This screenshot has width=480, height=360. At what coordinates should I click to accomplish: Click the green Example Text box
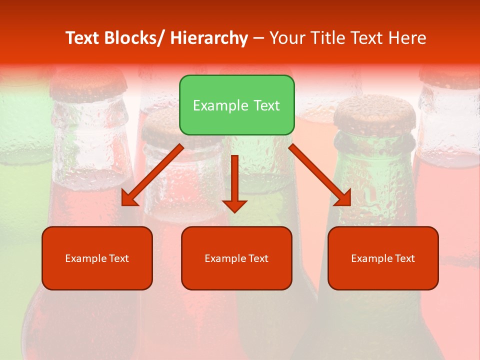(x=236, y=105)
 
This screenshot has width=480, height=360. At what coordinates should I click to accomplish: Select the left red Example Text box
(x=97, y=258)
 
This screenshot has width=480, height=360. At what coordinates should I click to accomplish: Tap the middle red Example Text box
(x=236, y=258)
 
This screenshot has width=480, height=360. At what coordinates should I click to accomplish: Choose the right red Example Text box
(x=383, y=258)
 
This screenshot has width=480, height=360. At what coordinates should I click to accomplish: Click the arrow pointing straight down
(x=234, y=182)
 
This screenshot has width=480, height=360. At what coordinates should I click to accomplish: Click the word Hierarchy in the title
(x=208, y=38)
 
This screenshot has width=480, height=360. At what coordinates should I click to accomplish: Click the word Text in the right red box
(x=405, y=258)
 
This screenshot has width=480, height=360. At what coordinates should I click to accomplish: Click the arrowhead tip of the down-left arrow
(x=123, y=205)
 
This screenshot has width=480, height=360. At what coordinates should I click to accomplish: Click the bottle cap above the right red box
(x=374, y=113)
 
